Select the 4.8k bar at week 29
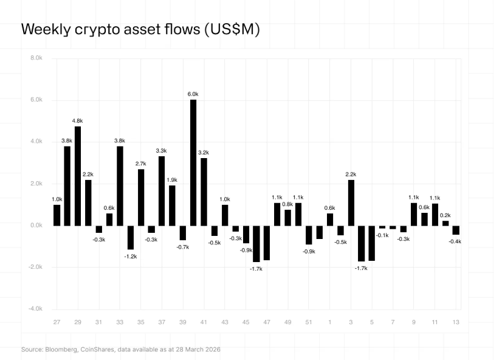[78, 176]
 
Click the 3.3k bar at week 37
[162, 191]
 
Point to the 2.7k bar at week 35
[141, 197]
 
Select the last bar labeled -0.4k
[456, 230]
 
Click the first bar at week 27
[57, 215]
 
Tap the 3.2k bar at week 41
[204, 192]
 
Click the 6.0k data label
[193, 94]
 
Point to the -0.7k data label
[183, 247]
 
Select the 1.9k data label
[172, 180]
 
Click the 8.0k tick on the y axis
[36, 58]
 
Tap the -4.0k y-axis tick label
[35, 309]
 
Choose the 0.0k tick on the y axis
[36, 226]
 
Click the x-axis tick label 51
[309, 322]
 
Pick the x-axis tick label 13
[456, 322]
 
